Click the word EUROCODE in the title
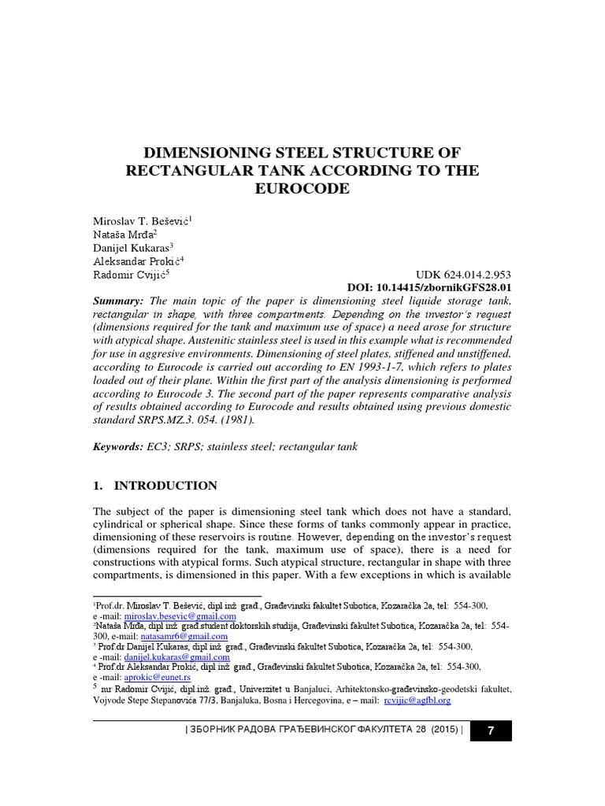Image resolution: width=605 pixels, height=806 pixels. (302, 190)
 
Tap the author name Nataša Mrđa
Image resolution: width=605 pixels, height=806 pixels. (124, 235)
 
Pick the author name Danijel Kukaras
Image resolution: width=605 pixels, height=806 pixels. (131, 248)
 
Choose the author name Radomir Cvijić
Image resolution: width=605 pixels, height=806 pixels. (128, 275)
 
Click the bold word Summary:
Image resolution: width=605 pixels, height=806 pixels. (119, 301)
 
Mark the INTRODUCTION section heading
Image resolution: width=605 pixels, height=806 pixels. (165, 486)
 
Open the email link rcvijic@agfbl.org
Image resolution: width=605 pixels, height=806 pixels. (416, 699)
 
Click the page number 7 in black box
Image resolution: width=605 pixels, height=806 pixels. (491, 730)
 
